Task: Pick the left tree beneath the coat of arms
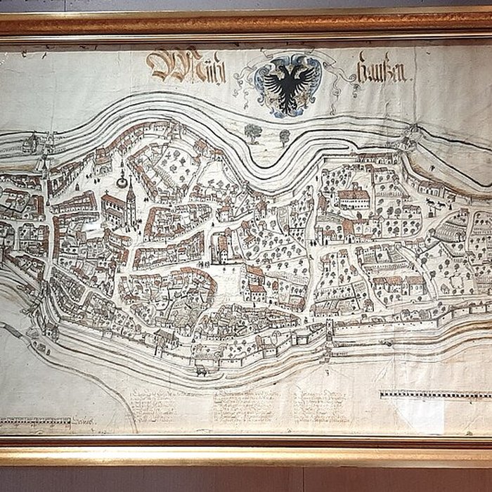pyautogui.click(x=252, y=131)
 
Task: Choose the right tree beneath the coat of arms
pyautogui.click(x=284, y=134)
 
